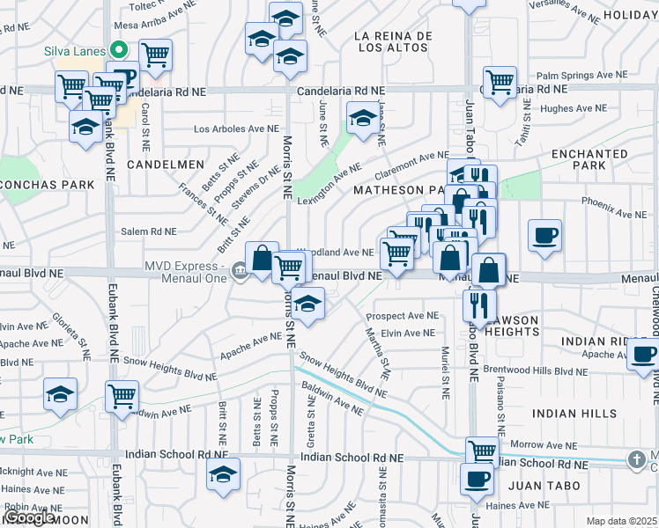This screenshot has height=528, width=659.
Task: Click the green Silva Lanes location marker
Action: (115, 50)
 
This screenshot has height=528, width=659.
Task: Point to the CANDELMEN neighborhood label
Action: (166, 165)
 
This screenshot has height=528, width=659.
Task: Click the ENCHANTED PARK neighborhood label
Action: (589, 159)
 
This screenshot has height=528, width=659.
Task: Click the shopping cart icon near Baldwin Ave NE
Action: (122, 395)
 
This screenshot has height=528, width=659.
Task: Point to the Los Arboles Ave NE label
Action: (236, 128)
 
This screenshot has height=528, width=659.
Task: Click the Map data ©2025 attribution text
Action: (621, 521)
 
